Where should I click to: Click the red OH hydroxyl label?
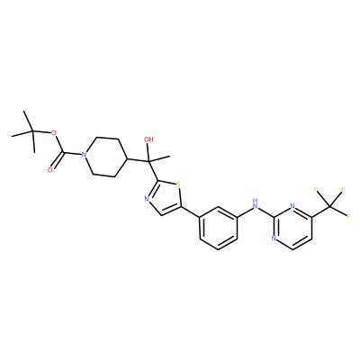tap(148, 139)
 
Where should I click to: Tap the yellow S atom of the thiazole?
tap(179, 184)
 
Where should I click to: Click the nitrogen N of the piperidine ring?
tap(85, 155)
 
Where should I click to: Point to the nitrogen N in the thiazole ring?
tap(147, 199)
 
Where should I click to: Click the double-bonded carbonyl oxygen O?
tap(50, 170)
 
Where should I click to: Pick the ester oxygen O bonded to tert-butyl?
tap(54, 133)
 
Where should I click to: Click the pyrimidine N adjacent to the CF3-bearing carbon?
tap(292, 206)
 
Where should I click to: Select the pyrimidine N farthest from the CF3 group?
tap(274, 238)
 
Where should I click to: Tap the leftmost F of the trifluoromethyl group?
tap(315, 189)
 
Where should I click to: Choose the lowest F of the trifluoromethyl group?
tap(348, 217)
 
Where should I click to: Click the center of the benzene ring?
tap(218, 228)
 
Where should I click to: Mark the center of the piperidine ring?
tap(106, 157)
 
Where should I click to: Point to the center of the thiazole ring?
tap(165, 198)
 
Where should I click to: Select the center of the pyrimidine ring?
tap(292, 228)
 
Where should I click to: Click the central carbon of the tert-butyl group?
tap(32, 131)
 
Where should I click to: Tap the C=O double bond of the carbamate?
tap(58, 161)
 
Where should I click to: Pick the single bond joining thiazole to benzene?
tap(190, 211)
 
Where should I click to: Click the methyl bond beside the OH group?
tap(159, 159)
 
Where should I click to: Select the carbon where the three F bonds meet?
tap(329, 206)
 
